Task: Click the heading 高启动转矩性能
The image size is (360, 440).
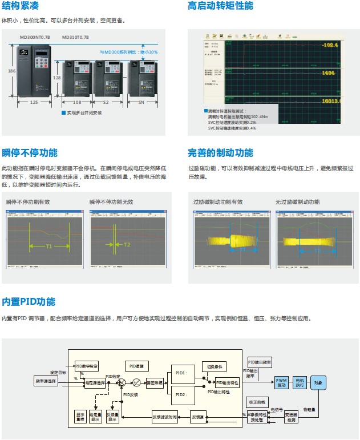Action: [220, 6]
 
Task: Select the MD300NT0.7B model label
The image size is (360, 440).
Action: [35, 37]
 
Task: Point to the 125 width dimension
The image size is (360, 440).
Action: [34, 102]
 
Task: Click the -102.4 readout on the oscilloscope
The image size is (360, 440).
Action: [329, 45]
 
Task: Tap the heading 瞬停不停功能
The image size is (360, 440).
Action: [30, 152]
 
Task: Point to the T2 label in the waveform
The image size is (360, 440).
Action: [127, 244]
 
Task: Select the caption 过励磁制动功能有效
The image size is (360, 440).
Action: [218, 202]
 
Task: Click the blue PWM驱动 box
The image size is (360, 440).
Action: [282, 382]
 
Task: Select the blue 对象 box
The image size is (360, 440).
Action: [318, 382]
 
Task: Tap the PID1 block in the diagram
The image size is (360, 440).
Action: [180, 372]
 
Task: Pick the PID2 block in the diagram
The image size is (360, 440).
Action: [180, 394]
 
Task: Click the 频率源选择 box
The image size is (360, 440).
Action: [46, 381]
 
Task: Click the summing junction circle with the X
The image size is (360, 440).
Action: [121, 382]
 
